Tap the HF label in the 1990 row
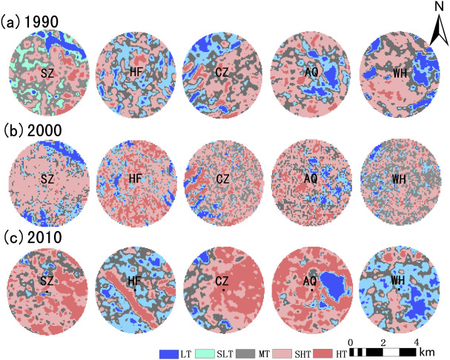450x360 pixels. click(135, 72)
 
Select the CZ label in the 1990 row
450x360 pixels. click(223, 72)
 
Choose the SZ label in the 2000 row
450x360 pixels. click(47, 179)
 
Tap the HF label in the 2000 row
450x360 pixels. click(135, 179)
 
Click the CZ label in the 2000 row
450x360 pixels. click(223, 179)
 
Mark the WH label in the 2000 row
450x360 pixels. click(400, 179)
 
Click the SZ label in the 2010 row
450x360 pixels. click(47, 282)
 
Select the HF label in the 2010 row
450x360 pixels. click(135, 282)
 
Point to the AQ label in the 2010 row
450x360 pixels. click(312, 282)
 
